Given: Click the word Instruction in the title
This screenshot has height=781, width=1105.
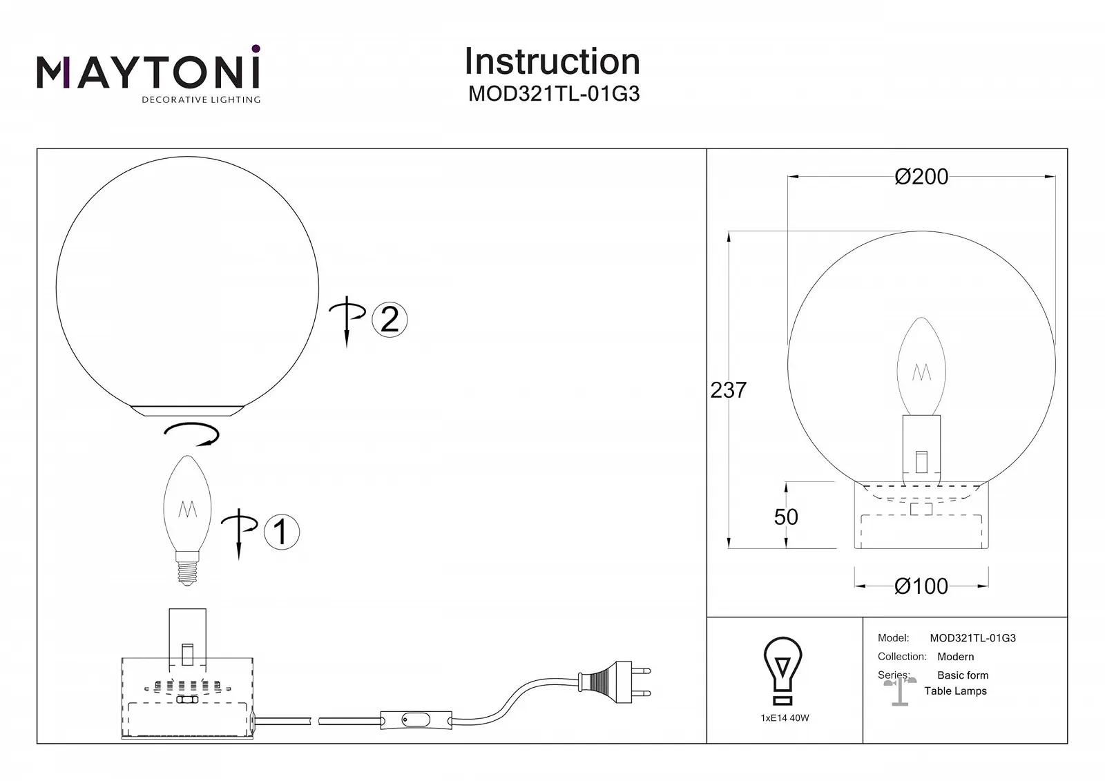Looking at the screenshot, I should tap(552, 61).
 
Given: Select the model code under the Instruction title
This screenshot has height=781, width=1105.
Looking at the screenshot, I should tap(554, 94).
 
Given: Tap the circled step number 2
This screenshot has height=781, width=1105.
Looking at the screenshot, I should tap(390, 320).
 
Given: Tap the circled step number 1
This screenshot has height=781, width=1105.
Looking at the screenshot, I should tap(281, 532).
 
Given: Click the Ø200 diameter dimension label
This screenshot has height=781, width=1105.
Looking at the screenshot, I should tap(921, 177).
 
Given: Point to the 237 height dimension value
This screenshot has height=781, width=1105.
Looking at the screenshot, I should tap(728, 390).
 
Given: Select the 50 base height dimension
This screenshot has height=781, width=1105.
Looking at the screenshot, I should tap(786, 517).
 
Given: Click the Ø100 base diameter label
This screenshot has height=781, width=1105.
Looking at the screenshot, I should tap(921, 586).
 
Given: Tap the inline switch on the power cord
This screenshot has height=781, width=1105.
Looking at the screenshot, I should tap(415, 720).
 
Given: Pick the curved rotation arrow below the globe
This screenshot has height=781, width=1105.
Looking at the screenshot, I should tap(192, 434).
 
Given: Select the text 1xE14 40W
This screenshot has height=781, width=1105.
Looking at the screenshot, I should tap(785, 718).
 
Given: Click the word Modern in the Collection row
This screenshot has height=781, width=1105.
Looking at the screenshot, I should tap(955, 657).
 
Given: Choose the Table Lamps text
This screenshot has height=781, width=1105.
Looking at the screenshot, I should tap(955, 691).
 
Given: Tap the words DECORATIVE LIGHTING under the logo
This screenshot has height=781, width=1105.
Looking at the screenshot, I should tap(201, 100).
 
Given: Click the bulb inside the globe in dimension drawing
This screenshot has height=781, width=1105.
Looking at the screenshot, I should tap(921, 367).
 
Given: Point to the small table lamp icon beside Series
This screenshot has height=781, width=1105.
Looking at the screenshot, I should tap(899, 691).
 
